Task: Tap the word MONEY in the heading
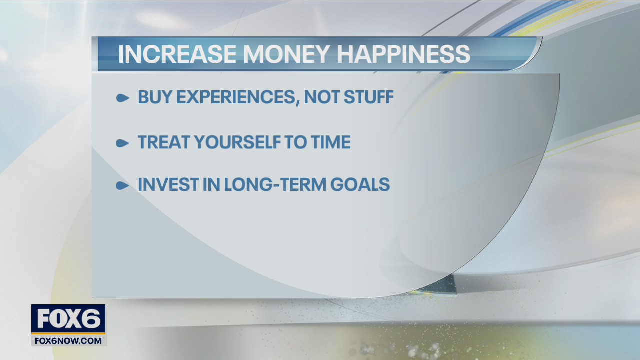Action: [x=283, y=54]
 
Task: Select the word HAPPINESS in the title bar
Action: [x=404, y=54]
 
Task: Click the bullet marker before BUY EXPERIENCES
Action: [x=122, y=98]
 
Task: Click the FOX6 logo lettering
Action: [x=68, y=319]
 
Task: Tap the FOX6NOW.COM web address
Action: [x=68, y=341]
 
